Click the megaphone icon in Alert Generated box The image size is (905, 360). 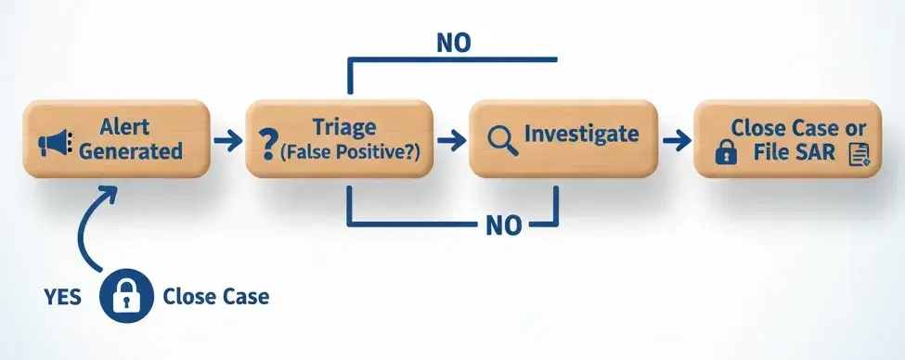click(x=54, y=143)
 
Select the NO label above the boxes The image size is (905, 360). click(x=452, y=42)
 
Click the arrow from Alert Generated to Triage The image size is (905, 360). click(x=226, y=140)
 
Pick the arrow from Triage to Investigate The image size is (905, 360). click(x=449, y=140)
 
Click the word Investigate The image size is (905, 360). click(x=581, y=134)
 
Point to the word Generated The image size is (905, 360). click(x=131, y=151)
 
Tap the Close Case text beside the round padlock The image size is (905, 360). click(x=215, y=298)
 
